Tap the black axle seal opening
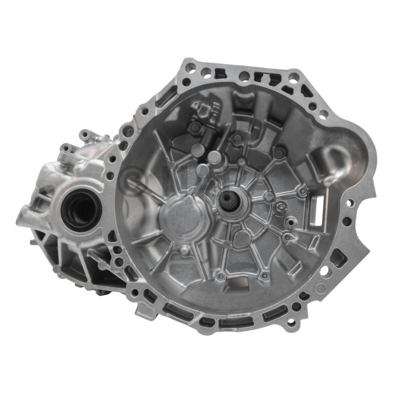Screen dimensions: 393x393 (81, 209)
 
